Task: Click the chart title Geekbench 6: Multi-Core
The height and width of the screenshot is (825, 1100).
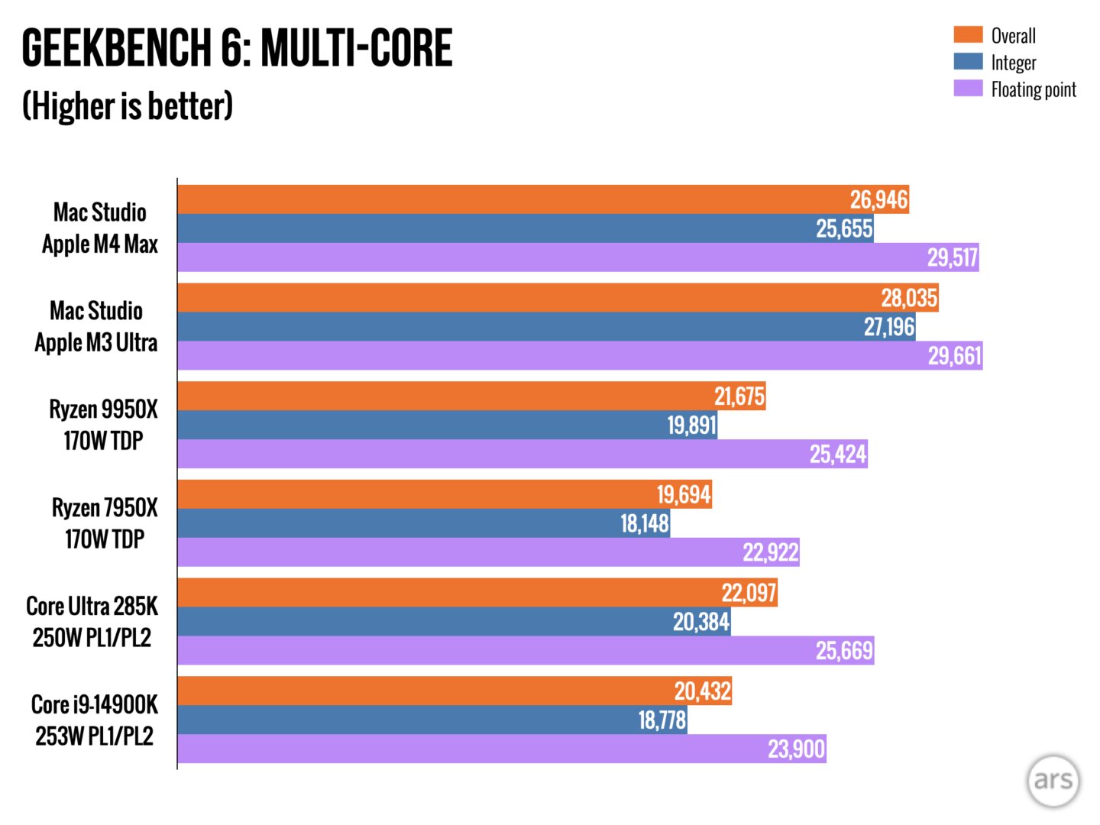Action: click(x=237, y=48)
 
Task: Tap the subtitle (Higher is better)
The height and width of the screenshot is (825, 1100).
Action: click(x=128, y=105)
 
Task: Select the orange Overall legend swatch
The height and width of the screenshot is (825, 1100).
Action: click(x=968, y=34)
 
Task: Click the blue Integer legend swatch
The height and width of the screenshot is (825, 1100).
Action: click(x=968, y=61)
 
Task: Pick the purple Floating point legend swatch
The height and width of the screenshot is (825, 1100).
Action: click(x=968, y=88)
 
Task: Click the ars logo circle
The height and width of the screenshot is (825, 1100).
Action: click(x=1053, y=780)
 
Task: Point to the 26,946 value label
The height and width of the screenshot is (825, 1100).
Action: click(x=878, y=199)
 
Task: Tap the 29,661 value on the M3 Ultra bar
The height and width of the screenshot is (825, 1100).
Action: click(x=954, y=355)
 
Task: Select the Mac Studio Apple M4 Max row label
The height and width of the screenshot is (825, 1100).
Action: click(x=100, y=228)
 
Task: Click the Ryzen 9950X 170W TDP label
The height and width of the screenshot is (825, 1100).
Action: click(x=103, y=425)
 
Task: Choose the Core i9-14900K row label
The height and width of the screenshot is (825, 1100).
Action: click(x=95, y=720)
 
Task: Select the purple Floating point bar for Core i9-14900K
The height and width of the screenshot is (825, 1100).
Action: click(x=458, y=749)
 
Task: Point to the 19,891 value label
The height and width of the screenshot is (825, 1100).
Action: click(x=691, y=425)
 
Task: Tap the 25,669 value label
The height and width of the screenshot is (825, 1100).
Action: click(x=843, y=650)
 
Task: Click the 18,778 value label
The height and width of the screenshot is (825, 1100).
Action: click(x=662, y=720)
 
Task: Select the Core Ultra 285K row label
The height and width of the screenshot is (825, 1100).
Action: click(x=92, y=621)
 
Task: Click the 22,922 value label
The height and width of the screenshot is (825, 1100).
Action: click(x=770, y=552)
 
